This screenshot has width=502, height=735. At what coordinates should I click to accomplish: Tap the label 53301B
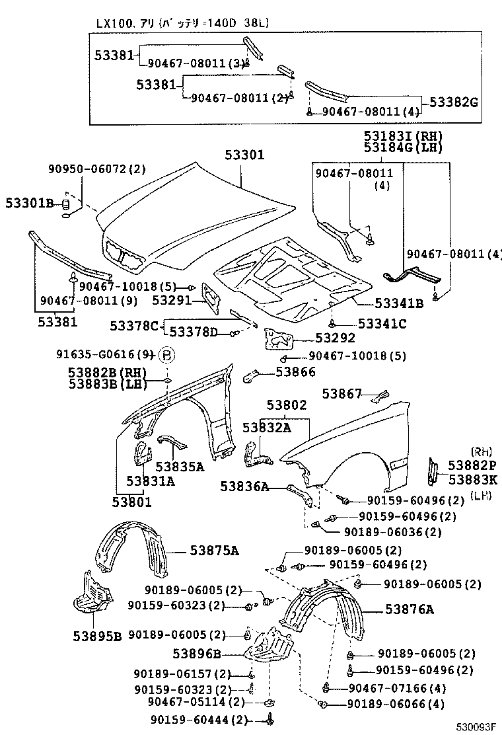(30, 203)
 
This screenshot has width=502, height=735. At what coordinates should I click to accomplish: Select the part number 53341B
(399, 304)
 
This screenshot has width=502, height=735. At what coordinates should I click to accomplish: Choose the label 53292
(336, 338)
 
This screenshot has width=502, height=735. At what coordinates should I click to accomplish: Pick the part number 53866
(295, 372)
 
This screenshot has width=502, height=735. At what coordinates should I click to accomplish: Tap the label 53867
(341, 394)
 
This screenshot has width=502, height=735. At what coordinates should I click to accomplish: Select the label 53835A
(180, 466)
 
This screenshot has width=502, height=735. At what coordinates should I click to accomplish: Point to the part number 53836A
(244, 487)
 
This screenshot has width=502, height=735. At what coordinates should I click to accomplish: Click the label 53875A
(215, 549)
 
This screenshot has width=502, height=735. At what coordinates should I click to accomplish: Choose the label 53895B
(97, 636)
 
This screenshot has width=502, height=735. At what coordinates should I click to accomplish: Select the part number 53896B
(197, 654)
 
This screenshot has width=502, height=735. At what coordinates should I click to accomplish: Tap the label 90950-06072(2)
(96, 169)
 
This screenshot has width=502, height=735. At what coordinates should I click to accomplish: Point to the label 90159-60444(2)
(190, 720)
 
